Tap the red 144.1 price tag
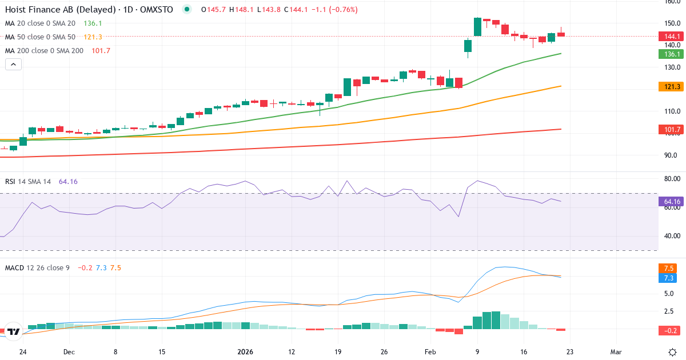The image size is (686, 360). point(670,36)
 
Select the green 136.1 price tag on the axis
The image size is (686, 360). point(670,54)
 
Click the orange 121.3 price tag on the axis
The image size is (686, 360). point(670,86)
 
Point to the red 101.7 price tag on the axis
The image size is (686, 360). point(670,130)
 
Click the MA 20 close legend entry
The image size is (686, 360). point(40,23)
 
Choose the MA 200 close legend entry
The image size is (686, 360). point(44,51)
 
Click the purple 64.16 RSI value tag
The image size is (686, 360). point(670,202)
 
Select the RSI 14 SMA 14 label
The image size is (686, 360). point(28,182)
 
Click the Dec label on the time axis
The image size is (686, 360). point(69,352)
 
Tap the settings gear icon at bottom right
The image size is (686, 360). point(673,351)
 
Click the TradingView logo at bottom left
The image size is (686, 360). point(14,331)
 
